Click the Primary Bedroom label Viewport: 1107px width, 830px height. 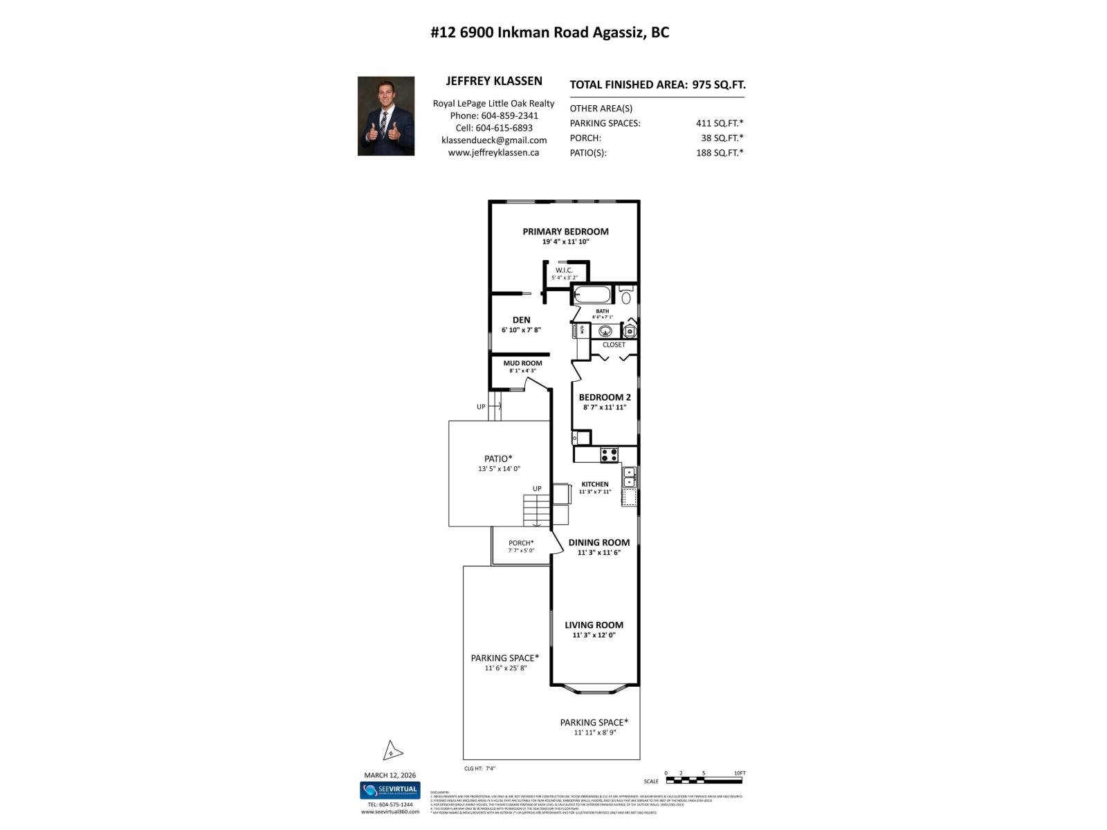click(x=565, y=232)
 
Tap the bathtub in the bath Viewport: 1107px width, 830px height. click(x=592, y=295)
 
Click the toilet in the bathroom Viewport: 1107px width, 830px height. click(x=626, y=297)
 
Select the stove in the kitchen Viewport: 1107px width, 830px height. click(x=609, y=455)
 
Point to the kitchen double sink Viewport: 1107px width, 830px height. click(x=630, y=477)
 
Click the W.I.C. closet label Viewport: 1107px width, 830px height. click(x=564, y=270)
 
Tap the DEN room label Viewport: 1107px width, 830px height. click(x=521, y=320)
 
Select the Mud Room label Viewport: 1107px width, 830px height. click(x=522, y=363)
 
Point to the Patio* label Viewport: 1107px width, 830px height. click(x=498, y=459)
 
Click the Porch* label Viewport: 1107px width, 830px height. click(x=521, y=543)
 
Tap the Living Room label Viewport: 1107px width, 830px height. click(x=594, y=625)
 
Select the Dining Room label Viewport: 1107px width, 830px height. click(x=598, y=542)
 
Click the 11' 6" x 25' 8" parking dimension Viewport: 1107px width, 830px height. click(x=505, y=668)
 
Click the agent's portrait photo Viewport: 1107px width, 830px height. click(x=385, y=116)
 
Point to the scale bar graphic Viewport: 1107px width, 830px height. click(x=704, y=780)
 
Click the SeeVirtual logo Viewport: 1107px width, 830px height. click(x=389, y=789)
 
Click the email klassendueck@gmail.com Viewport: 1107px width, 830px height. click(x=493, y=140)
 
